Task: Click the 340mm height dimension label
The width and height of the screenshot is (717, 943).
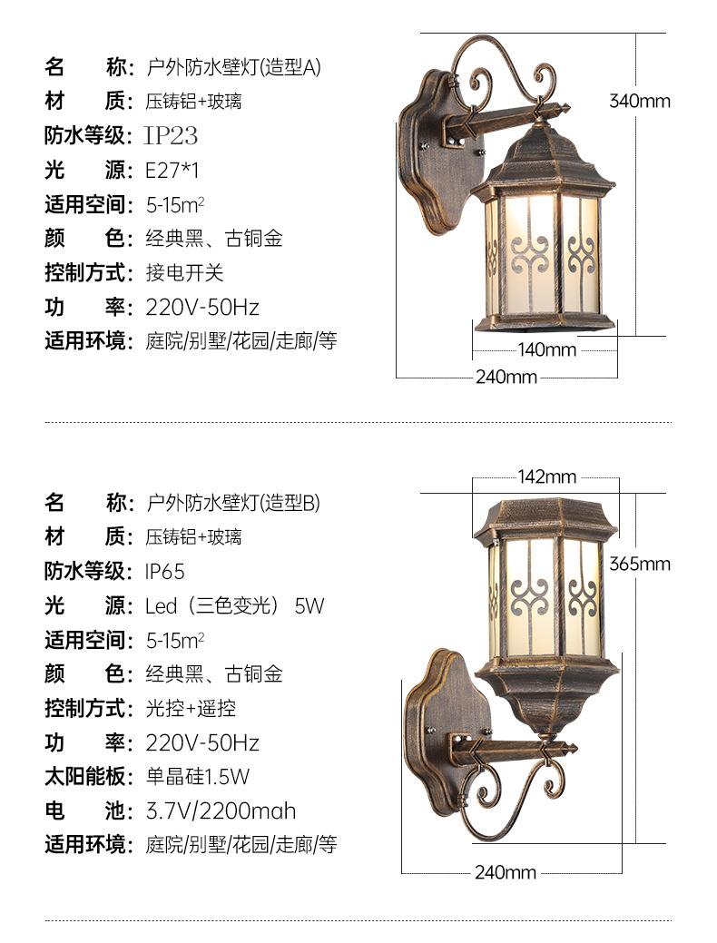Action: click(639, 101)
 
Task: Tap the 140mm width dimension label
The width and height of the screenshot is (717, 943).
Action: click(547, 349)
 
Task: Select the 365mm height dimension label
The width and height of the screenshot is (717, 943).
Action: click(639, 564)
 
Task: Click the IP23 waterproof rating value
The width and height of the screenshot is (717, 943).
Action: click(172, 136)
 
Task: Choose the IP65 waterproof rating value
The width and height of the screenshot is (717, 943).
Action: click(165, 572)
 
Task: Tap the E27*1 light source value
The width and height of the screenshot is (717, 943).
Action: click(172, 170)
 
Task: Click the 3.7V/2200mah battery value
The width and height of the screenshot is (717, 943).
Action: click(221, 810)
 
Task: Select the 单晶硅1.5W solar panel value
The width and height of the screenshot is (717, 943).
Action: click(197, 777)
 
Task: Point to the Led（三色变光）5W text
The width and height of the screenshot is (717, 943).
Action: click(234, 605)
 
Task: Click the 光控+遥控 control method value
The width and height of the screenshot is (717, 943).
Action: click(191, 708)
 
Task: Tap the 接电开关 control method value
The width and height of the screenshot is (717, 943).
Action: click(184, 272)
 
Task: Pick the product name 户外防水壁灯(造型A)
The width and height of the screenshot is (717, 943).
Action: click(233, 67)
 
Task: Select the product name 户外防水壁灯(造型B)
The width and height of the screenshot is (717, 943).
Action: click(233, 503)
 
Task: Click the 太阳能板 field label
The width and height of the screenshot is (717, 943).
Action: click(83, 777)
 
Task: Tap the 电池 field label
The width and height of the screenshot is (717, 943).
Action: click(83, 810)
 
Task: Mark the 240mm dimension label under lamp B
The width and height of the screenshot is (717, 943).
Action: click(506, 873)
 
